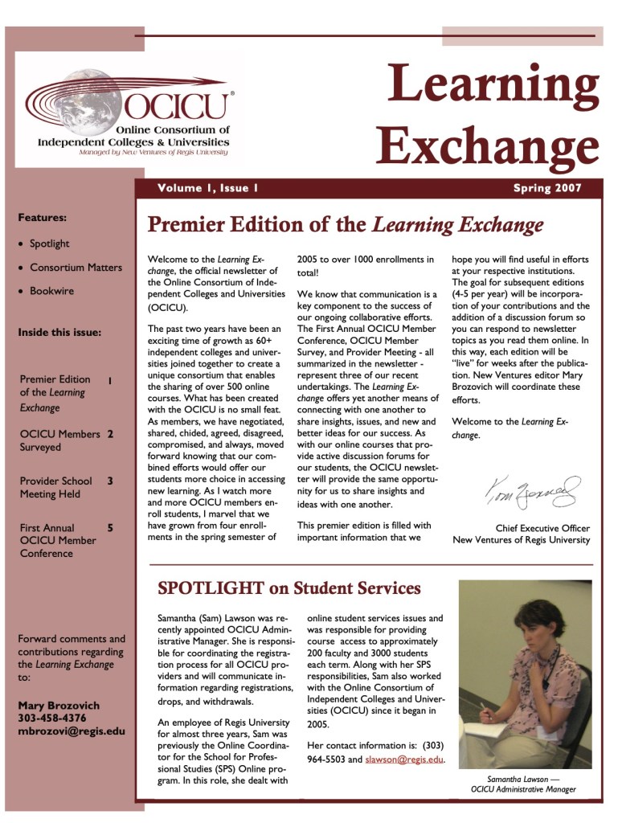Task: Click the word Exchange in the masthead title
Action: coord(487,146)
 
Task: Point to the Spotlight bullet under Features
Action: coord(49,244)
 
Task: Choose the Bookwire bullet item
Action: coord(51,291)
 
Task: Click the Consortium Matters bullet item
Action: coord(76,268)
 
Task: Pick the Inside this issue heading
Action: coord(59,333)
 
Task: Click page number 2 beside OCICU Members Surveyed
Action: coord(110,434)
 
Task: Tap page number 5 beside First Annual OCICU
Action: coord(110,528)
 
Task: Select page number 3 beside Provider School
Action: coord(110,481)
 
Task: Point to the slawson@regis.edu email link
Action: coord(403,760)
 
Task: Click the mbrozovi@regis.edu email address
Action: coord(72,731)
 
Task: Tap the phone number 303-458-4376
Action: coord(52,718)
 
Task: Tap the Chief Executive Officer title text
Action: coord(542,528)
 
